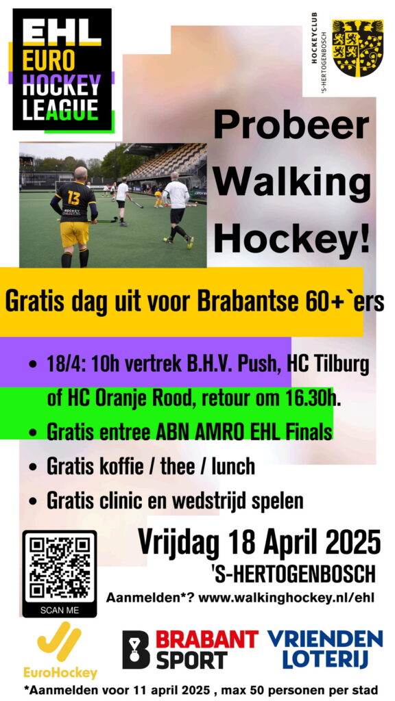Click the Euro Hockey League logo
(62, 71)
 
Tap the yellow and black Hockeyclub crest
(357, 49)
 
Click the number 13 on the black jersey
(74, 198)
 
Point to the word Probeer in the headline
(291, 126)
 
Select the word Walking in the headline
(291, 183)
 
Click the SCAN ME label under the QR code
(60, 610)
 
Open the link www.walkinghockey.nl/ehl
(286, 598)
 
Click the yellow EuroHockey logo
(60, 652)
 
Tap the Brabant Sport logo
(191, 649)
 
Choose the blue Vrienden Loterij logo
(326, 649)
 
